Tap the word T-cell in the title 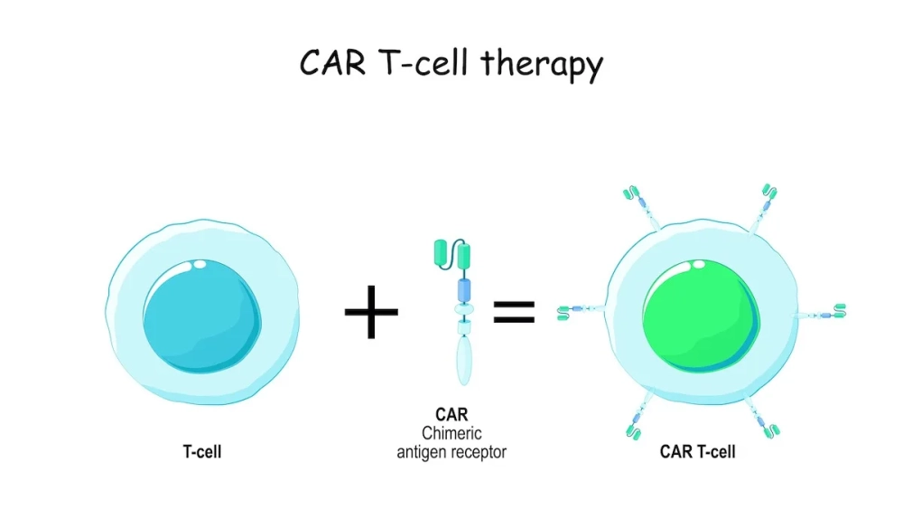424,65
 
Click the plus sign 371,310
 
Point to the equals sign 514,311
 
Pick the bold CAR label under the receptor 451,418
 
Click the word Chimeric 451,434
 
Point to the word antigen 424,451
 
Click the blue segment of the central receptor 465,289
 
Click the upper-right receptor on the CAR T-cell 763,203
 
